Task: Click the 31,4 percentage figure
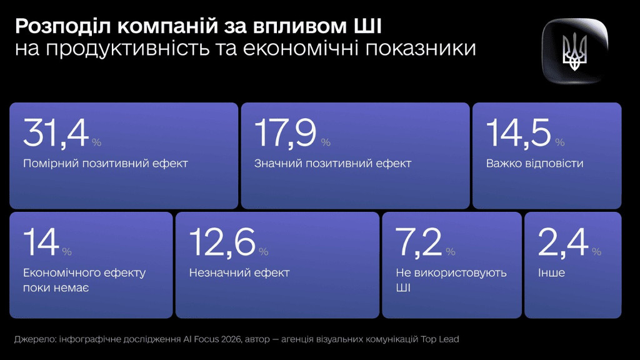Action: [56, 132]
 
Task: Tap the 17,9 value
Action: [285, 132]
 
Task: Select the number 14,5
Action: [518, 132]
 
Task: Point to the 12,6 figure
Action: [222, 242]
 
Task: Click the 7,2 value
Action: [419, 242]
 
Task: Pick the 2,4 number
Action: [563, 242]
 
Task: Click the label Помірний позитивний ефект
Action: [105, 164]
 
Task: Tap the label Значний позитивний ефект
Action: [332, 164]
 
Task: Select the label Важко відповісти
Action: [535, 164]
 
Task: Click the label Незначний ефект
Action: [239, 272]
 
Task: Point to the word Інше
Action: [551, 272]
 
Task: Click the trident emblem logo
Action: [575, 52]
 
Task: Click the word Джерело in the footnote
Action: [36, 339]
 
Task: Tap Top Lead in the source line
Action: [440, 339]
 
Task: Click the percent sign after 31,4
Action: [96, 142]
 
